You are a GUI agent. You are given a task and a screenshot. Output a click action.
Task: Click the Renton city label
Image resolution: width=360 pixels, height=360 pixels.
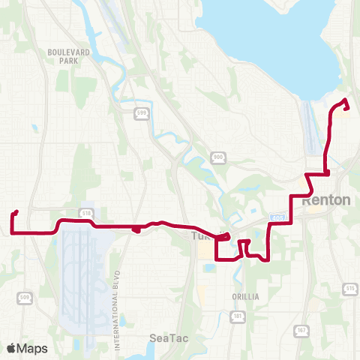[326, 201]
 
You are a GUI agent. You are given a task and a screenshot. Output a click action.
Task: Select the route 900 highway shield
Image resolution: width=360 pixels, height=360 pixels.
[218, 157]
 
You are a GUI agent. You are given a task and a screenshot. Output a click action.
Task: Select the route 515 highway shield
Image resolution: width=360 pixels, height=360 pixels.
[349, 287]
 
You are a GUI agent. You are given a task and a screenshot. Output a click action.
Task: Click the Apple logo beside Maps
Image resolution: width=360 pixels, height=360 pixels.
[10, 349]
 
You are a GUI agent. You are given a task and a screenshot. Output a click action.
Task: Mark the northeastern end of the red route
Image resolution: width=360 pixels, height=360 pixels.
[345, 101]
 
